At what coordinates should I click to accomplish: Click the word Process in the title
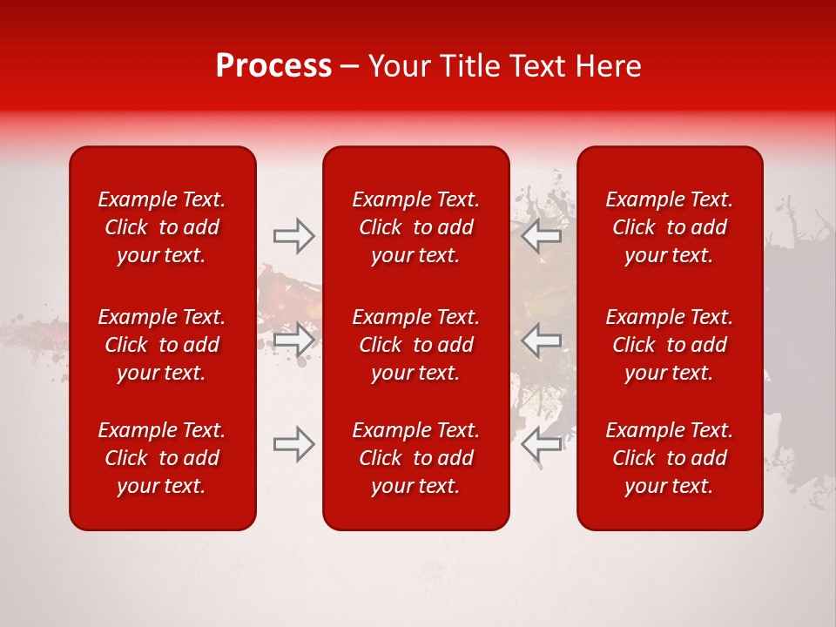273,66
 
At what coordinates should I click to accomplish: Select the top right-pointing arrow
294,236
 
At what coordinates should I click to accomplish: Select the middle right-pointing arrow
294,340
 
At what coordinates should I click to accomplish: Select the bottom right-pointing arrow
294,444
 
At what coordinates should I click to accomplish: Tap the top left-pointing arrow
542,236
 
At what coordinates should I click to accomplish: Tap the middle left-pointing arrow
542,340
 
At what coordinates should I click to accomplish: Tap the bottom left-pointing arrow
542,444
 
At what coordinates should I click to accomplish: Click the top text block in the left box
162,227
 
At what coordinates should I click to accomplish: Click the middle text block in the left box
162,345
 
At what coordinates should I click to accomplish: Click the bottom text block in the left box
162,458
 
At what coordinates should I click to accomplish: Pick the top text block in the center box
416,227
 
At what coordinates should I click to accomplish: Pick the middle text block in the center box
416,345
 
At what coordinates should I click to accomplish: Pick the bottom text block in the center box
416,458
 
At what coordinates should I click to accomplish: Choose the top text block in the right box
670,227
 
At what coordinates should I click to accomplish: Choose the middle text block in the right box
670,345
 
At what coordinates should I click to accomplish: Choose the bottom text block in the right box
670,458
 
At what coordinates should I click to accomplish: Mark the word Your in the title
397,66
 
